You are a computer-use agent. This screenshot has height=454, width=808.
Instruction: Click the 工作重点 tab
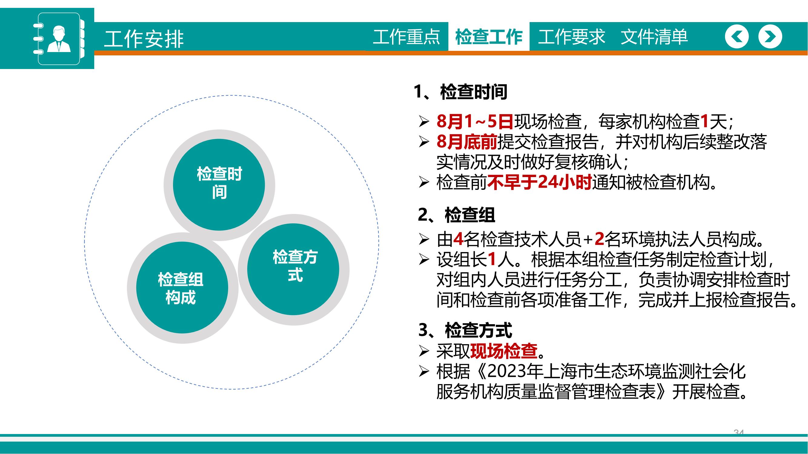pyautogui.click(x=407, y=37)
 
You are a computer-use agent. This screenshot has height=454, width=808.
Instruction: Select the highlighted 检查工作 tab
pyautogui.click(x=489, y=37)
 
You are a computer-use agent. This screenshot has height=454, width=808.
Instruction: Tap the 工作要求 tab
pyautogui.click(x=571, y=37)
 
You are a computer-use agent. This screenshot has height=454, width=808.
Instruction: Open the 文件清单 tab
pyautogui.click(x=654, y=37)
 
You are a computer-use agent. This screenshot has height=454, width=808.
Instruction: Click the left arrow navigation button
pyautogui.click(x=737, y=37)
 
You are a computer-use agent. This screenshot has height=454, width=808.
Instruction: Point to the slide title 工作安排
pyautogui.click(x=144, y=39)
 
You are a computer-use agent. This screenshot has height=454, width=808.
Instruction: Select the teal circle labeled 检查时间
pyautogui.click(x=219, y=185)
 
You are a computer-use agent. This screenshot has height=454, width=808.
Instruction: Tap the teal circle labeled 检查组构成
pyautogui.click(x=182, y=287)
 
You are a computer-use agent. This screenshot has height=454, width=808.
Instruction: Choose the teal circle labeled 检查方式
pyautogui.click(x=293, y=269)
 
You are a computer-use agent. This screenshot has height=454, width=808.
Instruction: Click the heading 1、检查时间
pyautogui.click(x=460, y=92)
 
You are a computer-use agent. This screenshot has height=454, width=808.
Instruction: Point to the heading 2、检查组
pyautogui.click(x=456, y=215)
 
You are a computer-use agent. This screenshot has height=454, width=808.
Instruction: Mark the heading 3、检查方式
pyautogui.click(x=465, y=330)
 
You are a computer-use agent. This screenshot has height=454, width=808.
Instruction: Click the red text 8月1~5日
pyautogui.click(x=475, y=121)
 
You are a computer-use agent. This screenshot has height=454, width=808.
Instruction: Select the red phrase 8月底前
pyautogui.click(x=467, y=142)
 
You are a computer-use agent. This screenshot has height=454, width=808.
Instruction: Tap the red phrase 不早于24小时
pyautogui.click(x=540, y=182)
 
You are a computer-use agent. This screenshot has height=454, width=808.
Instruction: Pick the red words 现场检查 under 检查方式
pyautogui.click(x=504, y=351)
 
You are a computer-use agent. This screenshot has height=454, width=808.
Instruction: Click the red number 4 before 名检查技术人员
pyautogui.click(x=458, y=239)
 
